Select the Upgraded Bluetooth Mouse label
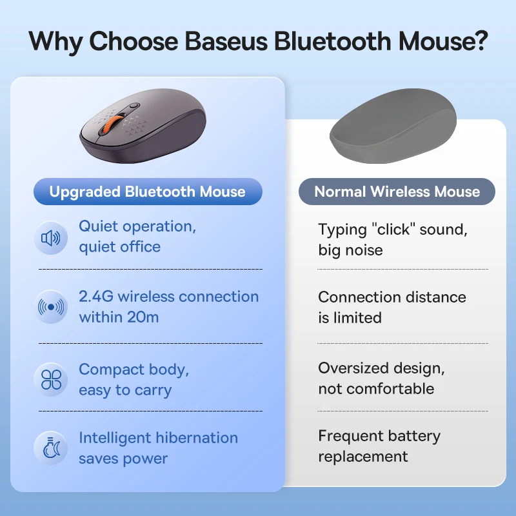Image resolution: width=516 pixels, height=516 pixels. pos(148,192)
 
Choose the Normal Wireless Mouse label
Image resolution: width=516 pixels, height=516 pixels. pos(397,192)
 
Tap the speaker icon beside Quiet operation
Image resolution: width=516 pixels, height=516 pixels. pos(51,238)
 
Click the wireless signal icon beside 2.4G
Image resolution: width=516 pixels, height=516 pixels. pos(51,308)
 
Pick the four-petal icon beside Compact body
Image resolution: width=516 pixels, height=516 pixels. pos(51,379)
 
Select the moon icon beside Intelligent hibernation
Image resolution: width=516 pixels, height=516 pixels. pos(51,448)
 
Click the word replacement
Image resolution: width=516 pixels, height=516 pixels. pos(362,457)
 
